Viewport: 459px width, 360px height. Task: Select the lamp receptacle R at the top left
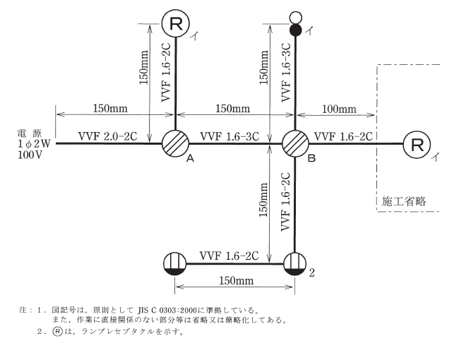pos(174,24)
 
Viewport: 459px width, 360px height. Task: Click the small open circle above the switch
pos(295,17)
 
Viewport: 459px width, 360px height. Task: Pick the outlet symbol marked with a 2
pos(295,264)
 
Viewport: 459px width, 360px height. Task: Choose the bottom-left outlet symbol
pos(174,264)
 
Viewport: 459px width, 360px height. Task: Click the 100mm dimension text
pos(339,109)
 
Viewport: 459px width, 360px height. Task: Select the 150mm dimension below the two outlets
pos(234,281)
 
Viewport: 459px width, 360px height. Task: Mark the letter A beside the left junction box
pos(189,160)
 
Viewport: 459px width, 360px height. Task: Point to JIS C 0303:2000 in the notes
pos(181,309)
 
